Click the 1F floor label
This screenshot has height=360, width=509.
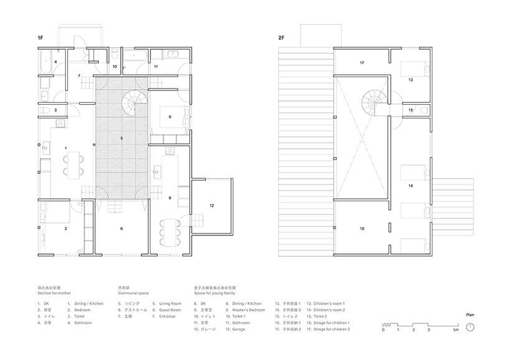click(40, 39)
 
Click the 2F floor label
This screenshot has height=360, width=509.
click(282, 39)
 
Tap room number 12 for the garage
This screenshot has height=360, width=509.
click(212, 205)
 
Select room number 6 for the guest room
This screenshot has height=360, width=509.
click(121, 229)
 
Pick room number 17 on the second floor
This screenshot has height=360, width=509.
click(362, 63)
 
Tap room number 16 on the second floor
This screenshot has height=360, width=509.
click(362, 229)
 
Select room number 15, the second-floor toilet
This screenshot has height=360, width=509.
click(411, 110)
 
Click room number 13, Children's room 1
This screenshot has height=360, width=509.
click(411, 80)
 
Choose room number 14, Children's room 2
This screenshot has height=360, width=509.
click(411, 186)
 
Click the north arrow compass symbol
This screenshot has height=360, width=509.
click(471, 328)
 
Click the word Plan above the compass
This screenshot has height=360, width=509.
click(470, 315)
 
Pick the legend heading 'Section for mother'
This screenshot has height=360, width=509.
click(57, 293)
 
